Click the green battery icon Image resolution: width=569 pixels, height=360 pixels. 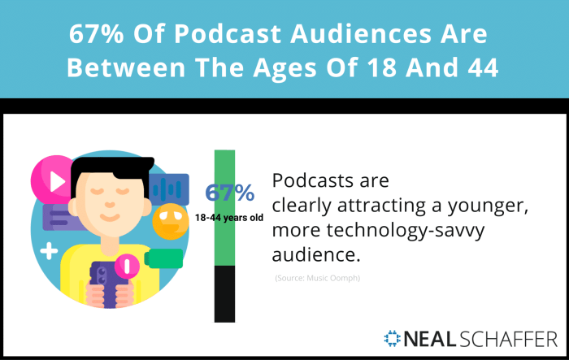[167, 259]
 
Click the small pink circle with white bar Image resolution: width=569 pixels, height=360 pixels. [127, 265]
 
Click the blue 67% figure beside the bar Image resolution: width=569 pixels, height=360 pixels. [229, 193]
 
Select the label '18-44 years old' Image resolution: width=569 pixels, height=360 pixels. [228, 217]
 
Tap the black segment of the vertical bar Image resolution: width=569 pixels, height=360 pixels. [224, 293]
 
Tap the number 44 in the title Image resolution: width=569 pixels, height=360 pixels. [478, 68]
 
